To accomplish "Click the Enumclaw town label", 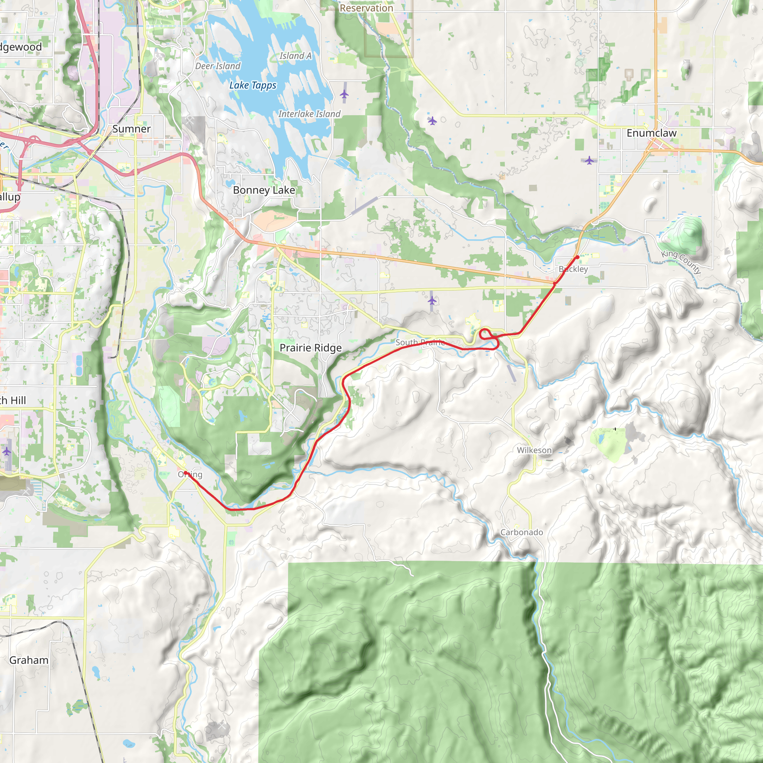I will pyautogui.click(x=652, y=133).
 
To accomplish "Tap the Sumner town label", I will pyautogui.click(x=132, y=129).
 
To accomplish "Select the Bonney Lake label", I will pyautogui.click(x=264, y=190).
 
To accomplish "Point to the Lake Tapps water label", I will pyautogui.click(x=253, y=85).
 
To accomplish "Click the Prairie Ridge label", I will pyautogui.click(x=310, y=348).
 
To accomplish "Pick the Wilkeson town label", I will pyautogui.click(x=534, y=450).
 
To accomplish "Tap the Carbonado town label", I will pyautogui.click(x=521, y=532).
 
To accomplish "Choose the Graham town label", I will pyautogui.click(x=29, y=660).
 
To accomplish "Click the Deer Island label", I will pyautogui.click(x=218, y=66).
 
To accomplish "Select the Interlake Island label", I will pyautogui.click(x=309, y=114).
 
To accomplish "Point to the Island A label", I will pyautogui.click(x=295, y=56).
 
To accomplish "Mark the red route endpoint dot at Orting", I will pyautogui.click(x=186, y=473).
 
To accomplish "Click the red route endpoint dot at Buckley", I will pyautogui.click(x=577, y=257).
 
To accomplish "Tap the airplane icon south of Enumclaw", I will pyautogui.click(x=589, y=160).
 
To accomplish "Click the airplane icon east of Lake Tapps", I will pyautogui.click(x=344, y=94).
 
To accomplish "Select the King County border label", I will pyautogui.click(x=681, y=262).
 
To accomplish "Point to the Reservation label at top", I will pyautogui.click(x=366, y=8).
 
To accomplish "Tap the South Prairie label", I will pyautogui.click(x=420, y=342).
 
